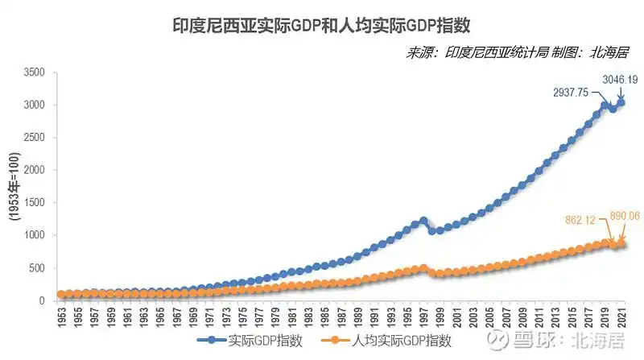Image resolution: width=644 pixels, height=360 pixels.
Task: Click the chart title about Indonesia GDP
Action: click(x=322, y=27)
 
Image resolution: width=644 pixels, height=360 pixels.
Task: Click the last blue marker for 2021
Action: click(x=621, y=102)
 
